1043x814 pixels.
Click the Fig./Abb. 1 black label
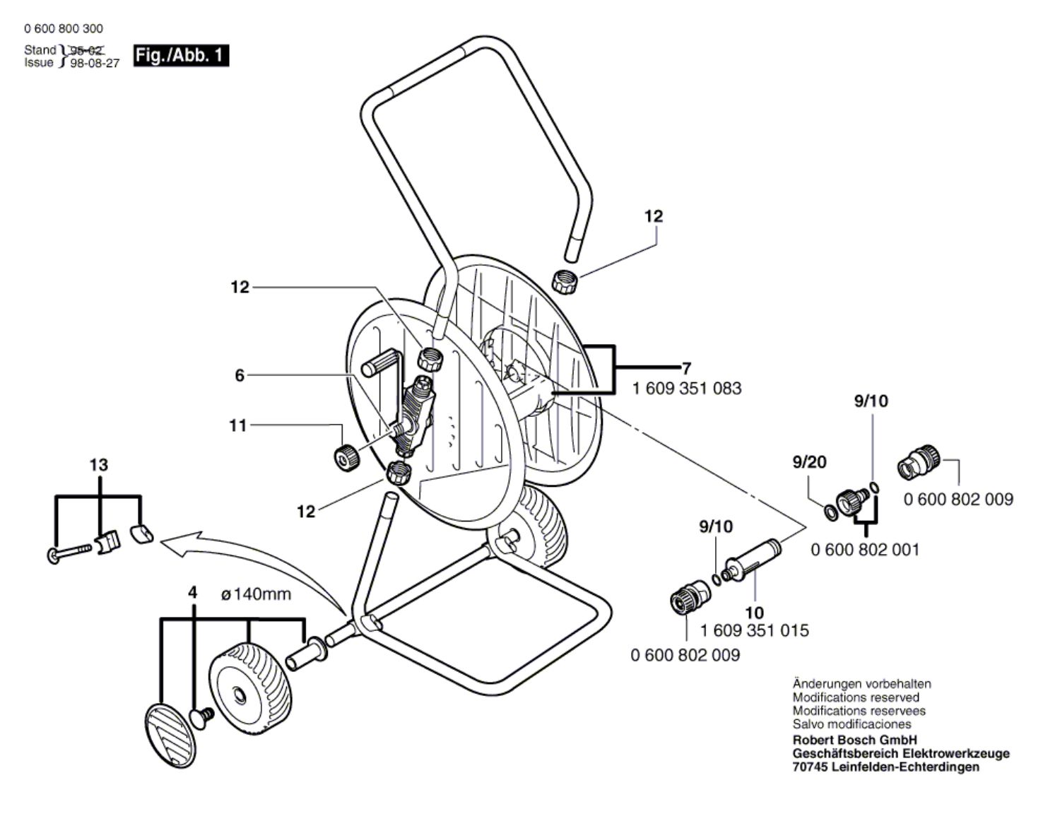(x=182, y=55)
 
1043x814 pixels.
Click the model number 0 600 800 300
(x=63, y=28)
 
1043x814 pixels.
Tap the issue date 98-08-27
(x=95, y=63)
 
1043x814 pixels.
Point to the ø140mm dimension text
(x=256, y=594)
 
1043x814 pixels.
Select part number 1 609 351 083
(x=687, y=388)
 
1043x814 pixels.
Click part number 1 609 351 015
(x=754, y=630)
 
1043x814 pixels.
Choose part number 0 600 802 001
(x=865, y=549)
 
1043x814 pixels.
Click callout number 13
(x=99, y=465)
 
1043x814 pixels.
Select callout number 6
(x=240, y=375)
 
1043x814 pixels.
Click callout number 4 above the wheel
(x=192, y=592)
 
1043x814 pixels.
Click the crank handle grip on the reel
(x=380, y=367)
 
